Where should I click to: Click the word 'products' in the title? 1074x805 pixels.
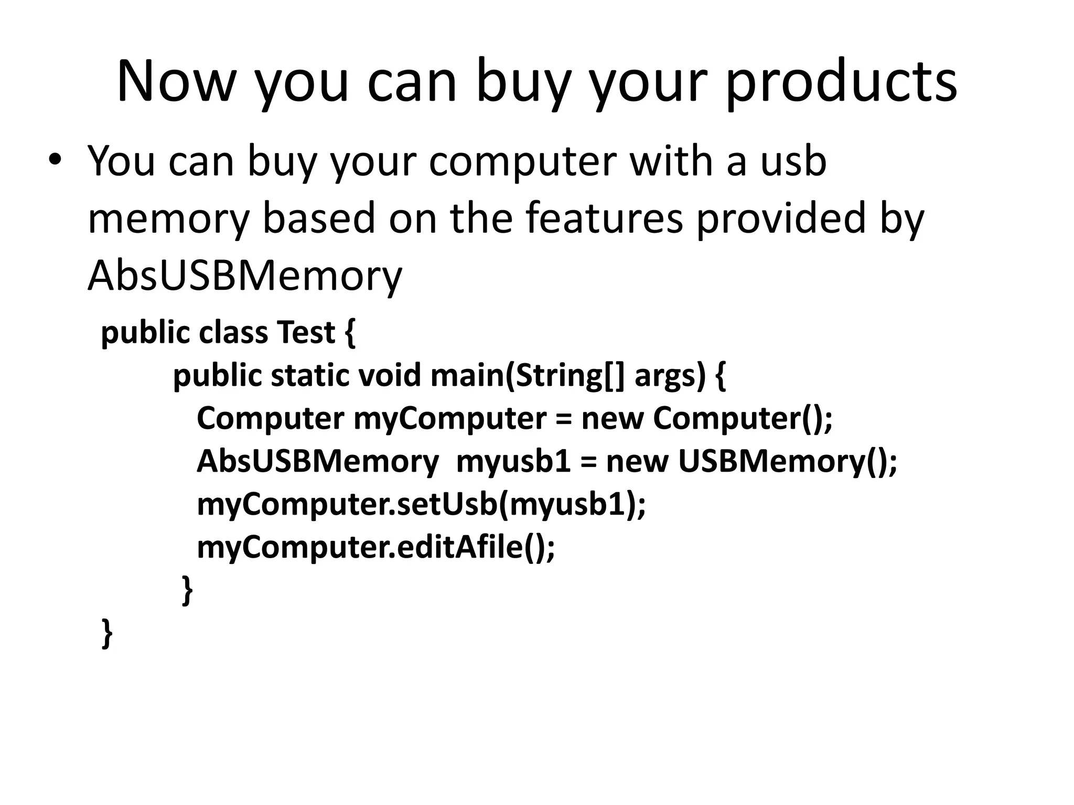click(x=841, y=83)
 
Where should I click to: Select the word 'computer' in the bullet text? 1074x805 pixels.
click(x=522, y=161)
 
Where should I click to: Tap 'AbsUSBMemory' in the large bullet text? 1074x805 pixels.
click(x=245, y=276)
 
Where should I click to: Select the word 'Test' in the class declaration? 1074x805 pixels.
click(x=306, y=332)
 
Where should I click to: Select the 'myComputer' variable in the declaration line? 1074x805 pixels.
click(x=450, y=419)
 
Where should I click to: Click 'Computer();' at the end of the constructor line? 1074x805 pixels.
click(x=743, y=419)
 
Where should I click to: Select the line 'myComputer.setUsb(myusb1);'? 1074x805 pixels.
click(x=421, y=505)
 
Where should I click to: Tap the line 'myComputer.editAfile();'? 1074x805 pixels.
click(x=375, y=548)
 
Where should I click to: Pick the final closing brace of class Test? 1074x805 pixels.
click(x=107, y=634)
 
